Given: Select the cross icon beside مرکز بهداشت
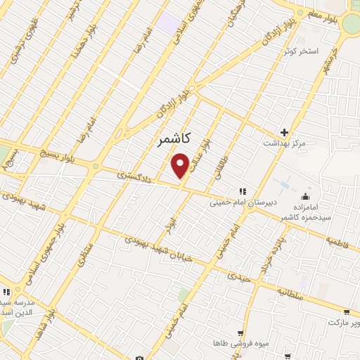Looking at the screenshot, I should point(284,132).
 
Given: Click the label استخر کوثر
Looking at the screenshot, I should point(301,51).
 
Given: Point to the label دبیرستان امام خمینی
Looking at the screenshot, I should point(243,201).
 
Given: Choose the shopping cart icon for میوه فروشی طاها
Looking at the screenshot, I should point(242,333).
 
